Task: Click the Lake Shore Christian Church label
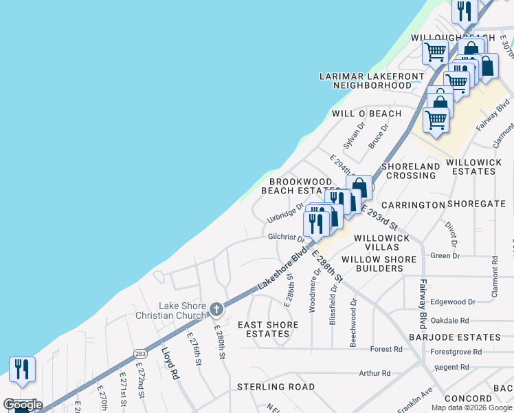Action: point(182,310)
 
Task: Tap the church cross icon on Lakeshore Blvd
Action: point(216,309)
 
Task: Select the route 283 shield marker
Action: point(141,353)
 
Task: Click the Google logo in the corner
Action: point(23,405)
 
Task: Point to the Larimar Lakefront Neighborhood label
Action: point(372,81)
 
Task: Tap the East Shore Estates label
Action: point(268,329)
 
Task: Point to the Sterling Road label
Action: point(270,387)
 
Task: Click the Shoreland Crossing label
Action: point(410,171)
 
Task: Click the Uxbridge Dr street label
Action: point(286,212)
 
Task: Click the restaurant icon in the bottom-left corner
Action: point(22,370)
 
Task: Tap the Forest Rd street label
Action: point(386,349)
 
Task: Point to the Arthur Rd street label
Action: point(375,373)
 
